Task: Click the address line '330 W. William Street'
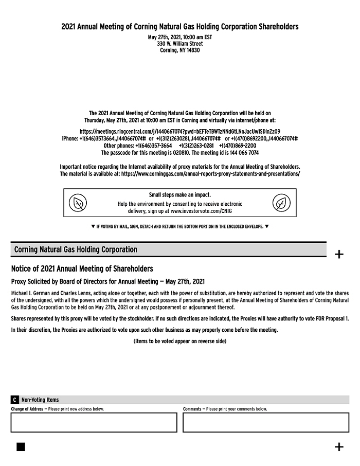point(179,44)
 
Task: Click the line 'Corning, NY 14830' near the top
point(179,50)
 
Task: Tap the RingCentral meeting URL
point(179,131)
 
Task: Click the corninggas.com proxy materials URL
point(210,174)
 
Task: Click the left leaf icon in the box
point(78,203)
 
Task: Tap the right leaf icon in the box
point(281,203)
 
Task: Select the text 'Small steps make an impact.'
point(179,195)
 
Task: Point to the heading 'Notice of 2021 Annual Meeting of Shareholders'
point(82,268)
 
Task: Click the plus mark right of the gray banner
point(339,254)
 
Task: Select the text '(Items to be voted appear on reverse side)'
point(179,341)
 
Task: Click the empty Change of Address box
point(94,422)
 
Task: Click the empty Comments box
point(265,422)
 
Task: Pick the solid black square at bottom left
point(21,446)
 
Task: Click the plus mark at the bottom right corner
point(339,446)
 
